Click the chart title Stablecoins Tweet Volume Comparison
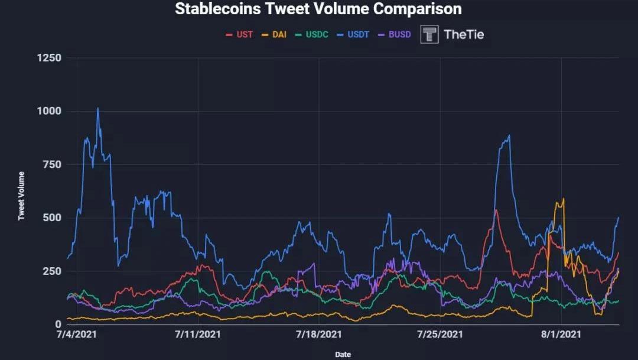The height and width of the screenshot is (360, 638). click(x=318, y=9)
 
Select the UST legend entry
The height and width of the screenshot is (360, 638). click(x=239, y=34)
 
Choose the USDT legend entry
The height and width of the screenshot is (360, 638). click(x=353, y=34)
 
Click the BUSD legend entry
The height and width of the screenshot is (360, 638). click(x=394, y=34)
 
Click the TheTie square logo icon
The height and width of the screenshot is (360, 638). click(x=429, y=34)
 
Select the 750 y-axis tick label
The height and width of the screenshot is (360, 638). click(x=51, y=164)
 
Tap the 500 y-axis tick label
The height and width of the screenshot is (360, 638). click(x=51, y=218)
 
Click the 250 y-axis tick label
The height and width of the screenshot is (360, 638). click(x=51, y=271)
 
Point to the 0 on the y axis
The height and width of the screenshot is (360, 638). click(x=58, y=324)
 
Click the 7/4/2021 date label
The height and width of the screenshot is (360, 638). click(x=76, y=335)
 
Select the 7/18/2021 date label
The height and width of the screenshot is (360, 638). click(x=318, y=335)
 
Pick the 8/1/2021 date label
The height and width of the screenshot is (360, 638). click(x=561, y=335)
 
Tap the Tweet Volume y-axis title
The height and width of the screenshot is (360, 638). click(x=21, y=196)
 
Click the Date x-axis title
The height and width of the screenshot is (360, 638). click(x=343, y=355)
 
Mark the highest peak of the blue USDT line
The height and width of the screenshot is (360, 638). click(x=97, y=108)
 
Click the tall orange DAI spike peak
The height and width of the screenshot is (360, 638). click(x=564, y=199)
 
